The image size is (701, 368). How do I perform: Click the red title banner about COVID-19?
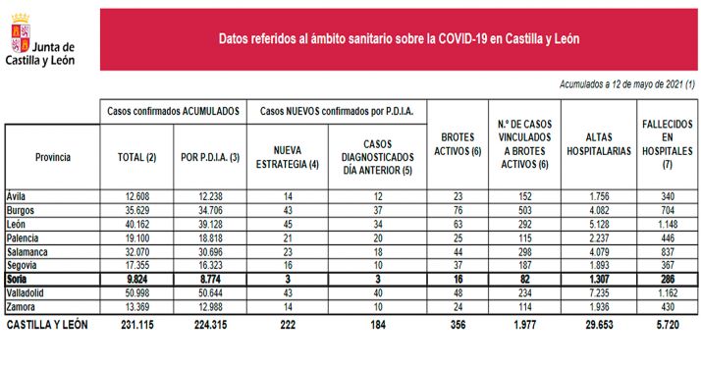[x=398, y=40]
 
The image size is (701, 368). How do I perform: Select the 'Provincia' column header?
[x=53, y=156]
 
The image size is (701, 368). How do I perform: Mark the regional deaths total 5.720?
[x=674, y=324]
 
